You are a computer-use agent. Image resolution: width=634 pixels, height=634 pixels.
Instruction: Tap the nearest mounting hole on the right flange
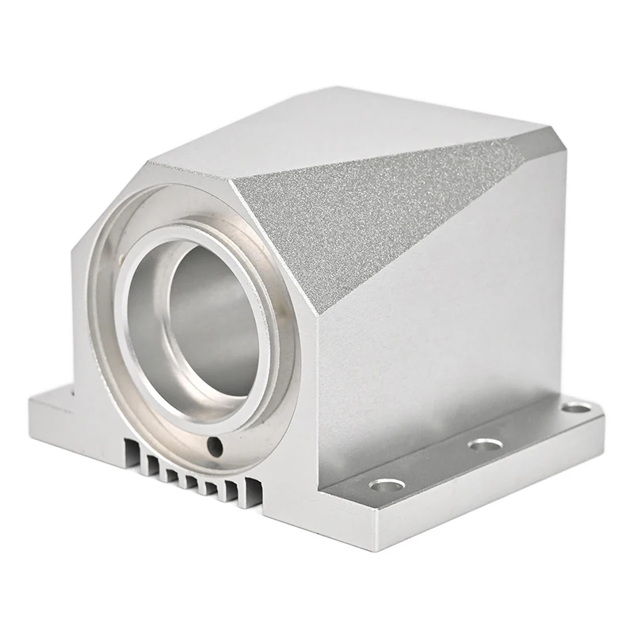point(387,484)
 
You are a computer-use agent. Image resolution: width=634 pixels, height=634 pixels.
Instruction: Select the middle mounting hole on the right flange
point(484,445)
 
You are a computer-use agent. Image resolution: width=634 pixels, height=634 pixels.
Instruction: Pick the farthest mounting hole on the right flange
point(576,408)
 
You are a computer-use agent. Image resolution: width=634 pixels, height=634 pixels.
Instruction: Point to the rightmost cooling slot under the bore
point(252,490)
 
